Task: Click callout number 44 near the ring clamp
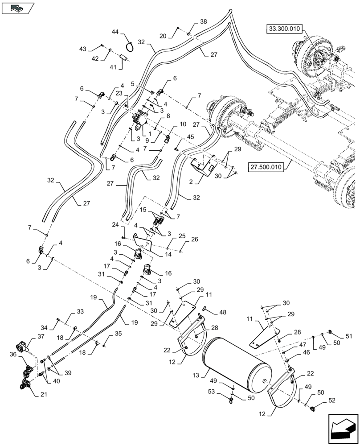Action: point(115,33)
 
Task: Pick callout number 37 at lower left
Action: point(41,337)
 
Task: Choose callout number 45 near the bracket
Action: point(190,137)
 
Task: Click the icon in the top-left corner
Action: point(18,8)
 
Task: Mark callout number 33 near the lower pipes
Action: point(80,311)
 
